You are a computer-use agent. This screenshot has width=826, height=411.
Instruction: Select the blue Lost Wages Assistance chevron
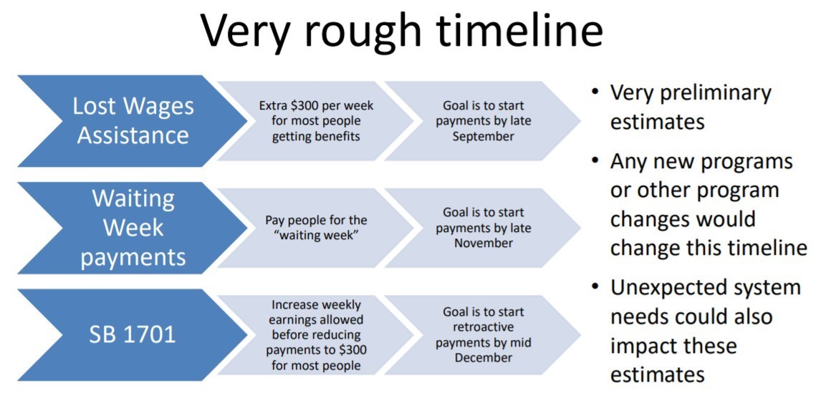(133, 121)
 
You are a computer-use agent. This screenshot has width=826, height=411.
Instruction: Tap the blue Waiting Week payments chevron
(133, 228)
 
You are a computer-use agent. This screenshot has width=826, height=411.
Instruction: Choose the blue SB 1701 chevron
(133, 335)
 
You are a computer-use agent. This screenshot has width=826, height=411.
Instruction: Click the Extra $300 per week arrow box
(315, 121)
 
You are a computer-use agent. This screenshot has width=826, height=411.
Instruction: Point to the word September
(483, 137)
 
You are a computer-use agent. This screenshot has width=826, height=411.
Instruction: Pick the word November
(483, 243)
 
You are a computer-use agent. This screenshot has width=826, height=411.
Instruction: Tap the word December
(483, 358)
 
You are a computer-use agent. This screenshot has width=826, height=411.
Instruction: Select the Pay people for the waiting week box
(315, 228)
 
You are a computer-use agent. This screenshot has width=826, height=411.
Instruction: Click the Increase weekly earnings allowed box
(315, 335)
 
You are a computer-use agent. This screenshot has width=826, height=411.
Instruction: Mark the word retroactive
(483, 328)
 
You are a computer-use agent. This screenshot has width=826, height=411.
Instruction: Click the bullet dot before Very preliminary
(595, 92)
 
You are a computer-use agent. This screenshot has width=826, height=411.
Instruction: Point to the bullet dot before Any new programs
(595, 160)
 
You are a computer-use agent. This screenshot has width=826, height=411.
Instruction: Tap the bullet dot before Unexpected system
(595, 287)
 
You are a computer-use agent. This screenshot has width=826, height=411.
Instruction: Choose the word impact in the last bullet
(645, 347)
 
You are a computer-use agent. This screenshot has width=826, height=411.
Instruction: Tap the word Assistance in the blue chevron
(133, 135)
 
